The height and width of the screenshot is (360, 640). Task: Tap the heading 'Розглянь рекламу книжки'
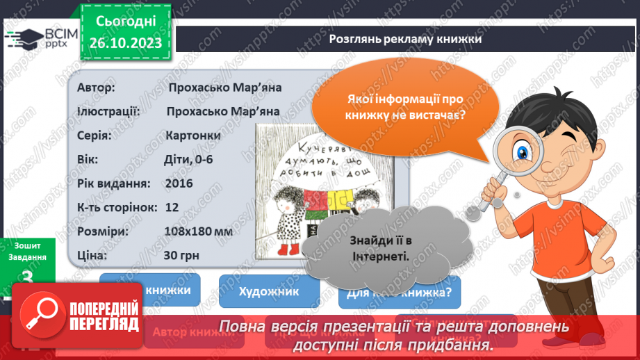point(406,40)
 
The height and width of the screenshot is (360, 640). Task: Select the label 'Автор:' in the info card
point(97,88)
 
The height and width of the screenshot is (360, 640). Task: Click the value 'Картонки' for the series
point(194,135)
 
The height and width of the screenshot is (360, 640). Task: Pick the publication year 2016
point(179,183)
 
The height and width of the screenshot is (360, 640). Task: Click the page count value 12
point(172,207)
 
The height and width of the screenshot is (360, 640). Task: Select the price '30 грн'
point(181,255)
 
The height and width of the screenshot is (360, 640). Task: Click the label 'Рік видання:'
point(115,183)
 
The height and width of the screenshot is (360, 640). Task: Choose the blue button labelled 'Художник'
point(269,291)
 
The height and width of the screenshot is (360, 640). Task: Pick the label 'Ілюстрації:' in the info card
point(109,111)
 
